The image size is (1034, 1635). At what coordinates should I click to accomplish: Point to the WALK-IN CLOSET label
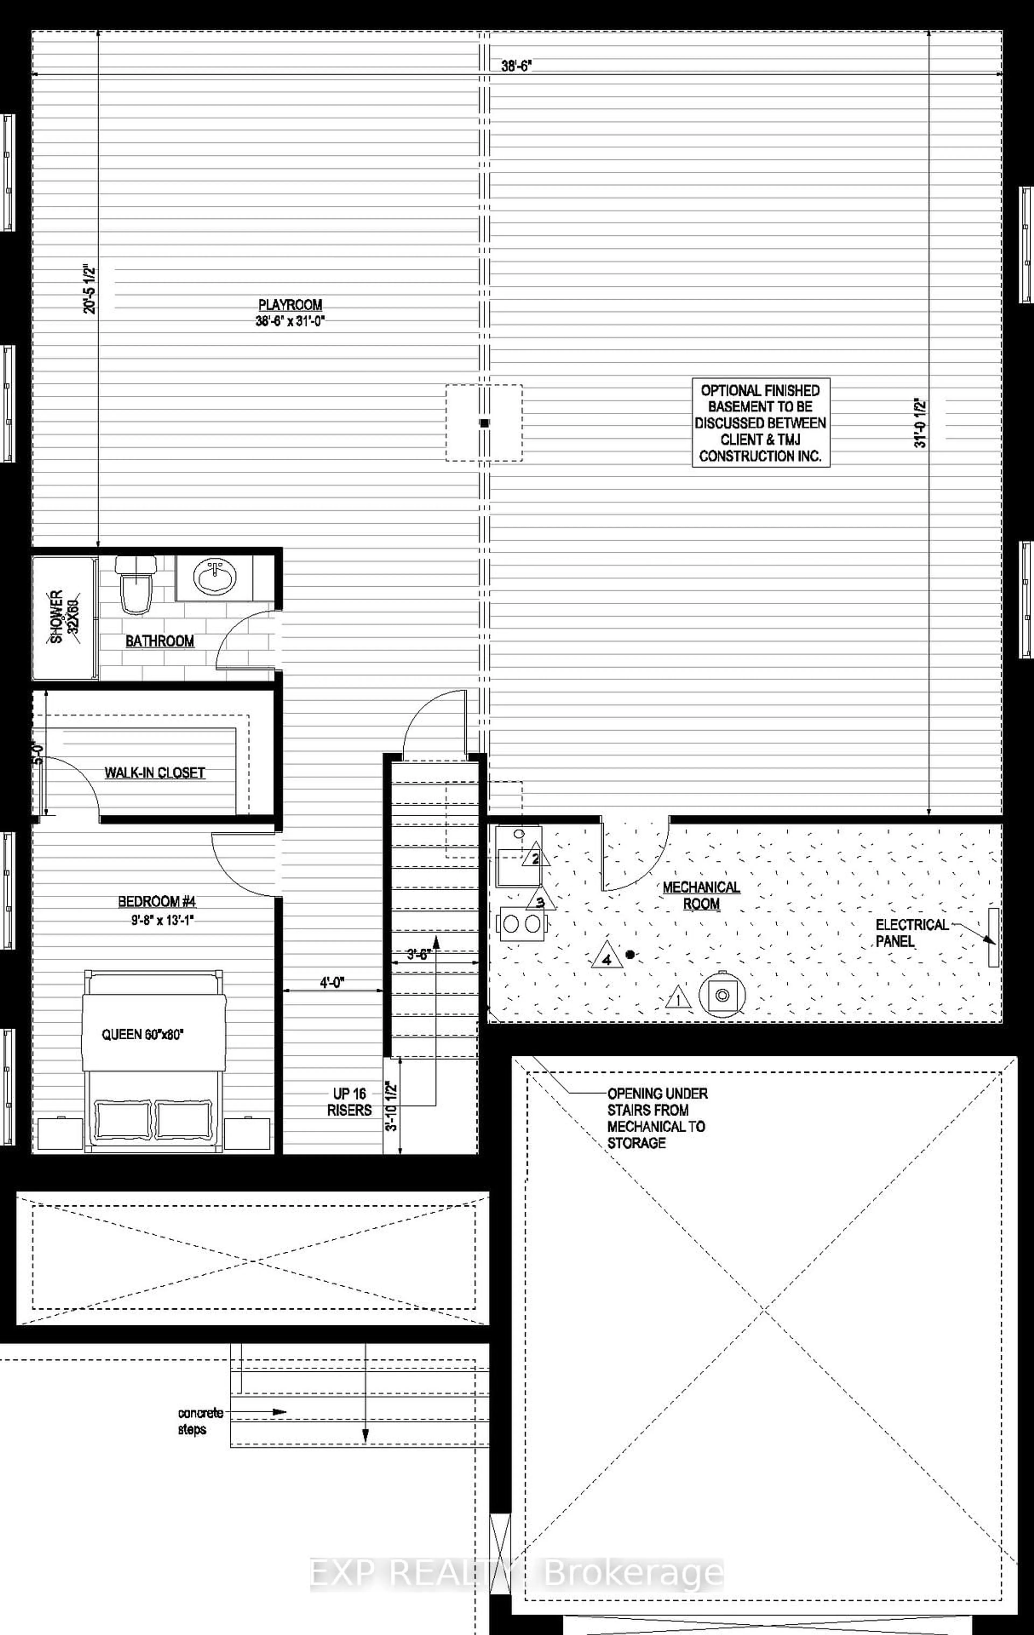(x=155, y=773)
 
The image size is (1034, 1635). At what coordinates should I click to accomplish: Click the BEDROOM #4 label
(x=157, y=902)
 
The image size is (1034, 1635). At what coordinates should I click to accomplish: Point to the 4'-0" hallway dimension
(x=333, y=983)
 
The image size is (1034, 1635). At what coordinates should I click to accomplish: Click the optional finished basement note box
(x=760, y=423)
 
